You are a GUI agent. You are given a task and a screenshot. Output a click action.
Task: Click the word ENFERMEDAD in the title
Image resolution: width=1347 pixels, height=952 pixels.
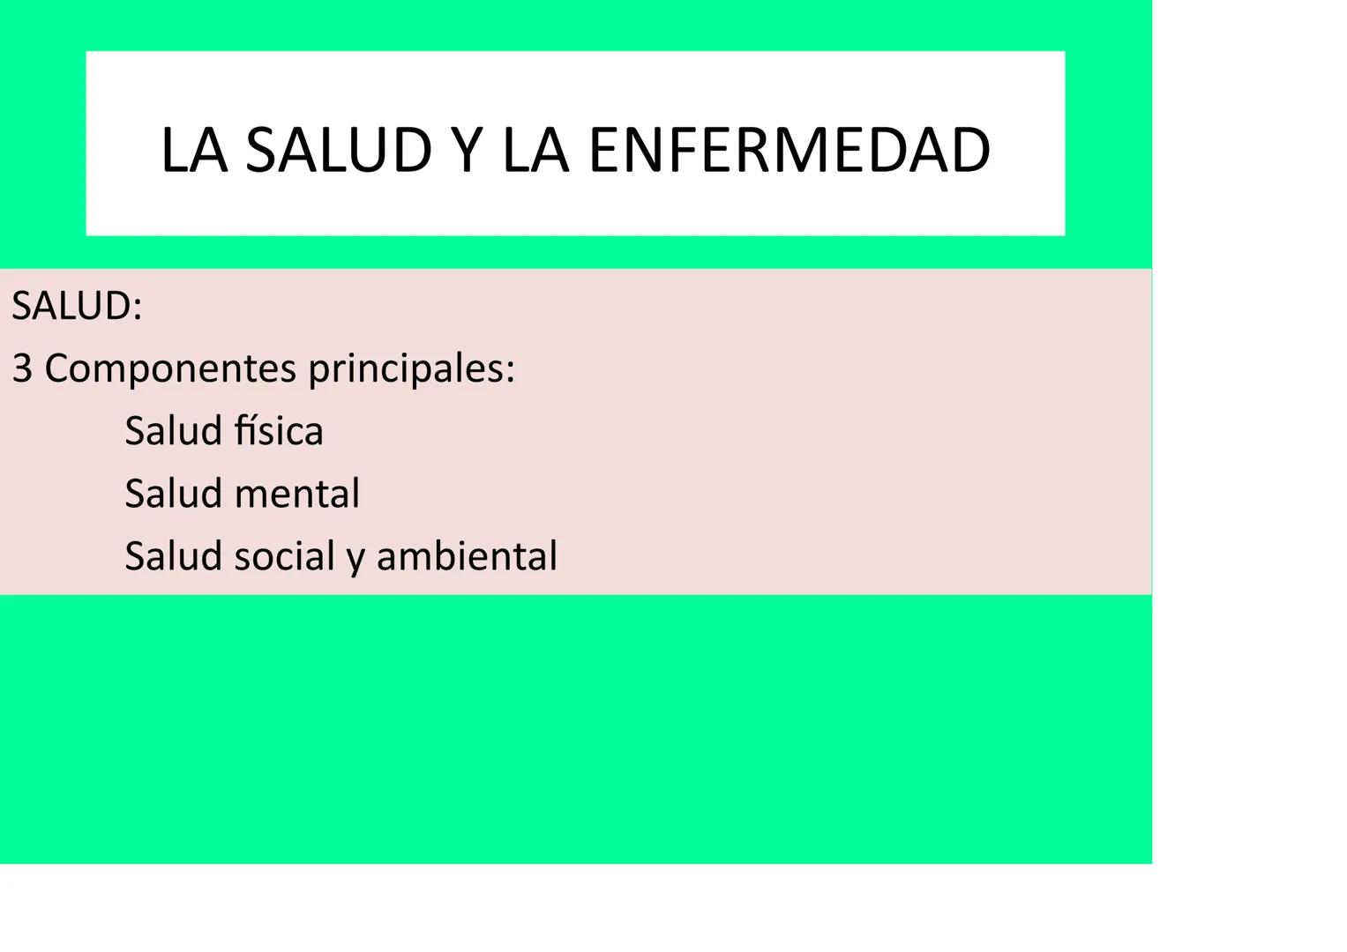click(789, 150)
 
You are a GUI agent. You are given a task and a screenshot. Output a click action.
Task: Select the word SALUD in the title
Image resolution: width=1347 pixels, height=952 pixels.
click(338, 150)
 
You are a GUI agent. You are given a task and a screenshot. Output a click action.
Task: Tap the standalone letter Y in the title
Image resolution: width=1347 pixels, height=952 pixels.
click(466, 150)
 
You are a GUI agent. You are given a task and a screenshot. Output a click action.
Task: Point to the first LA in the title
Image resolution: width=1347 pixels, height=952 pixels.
click(194, 150)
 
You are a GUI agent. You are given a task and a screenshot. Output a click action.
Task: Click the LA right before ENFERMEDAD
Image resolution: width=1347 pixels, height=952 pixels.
click(535, 150)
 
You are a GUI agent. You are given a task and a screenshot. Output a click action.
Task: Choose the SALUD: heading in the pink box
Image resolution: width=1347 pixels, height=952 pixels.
click(77, 307)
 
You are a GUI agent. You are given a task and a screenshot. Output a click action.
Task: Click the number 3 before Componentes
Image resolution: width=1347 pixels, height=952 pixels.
click(22, 368)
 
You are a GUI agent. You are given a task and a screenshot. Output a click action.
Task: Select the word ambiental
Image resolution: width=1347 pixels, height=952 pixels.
click(467, 556)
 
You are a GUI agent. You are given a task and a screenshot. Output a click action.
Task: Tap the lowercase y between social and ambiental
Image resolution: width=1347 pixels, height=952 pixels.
click(355, 559)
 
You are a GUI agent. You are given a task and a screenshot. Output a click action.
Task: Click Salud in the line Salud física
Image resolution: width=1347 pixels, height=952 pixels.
click(173, 431)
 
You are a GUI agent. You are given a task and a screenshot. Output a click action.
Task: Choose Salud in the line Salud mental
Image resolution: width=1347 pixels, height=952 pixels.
click(173, 494)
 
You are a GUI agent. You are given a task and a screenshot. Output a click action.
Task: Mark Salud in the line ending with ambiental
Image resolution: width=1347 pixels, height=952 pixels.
click(173, 556)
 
